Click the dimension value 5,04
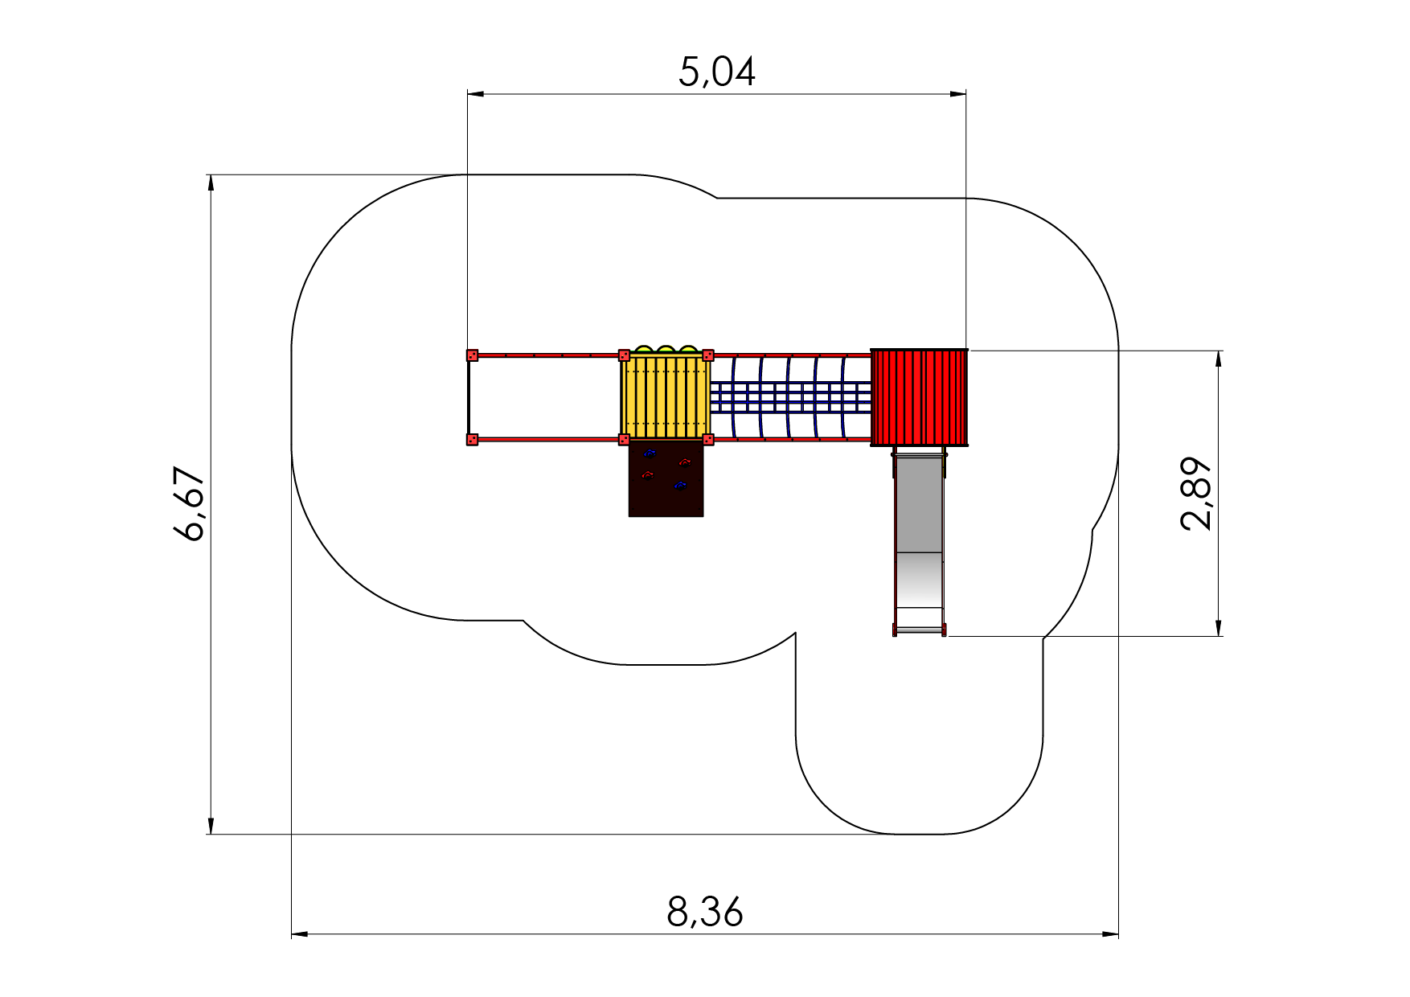717,72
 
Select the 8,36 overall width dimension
705,913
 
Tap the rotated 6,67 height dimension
190,503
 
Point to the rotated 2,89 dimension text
1196,494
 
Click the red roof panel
920,397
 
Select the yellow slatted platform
666,396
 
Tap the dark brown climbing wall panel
666,478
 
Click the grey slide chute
919,544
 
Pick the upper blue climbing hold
650,453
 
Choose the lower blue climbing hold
680,486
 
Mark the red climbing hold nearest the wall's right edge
685,462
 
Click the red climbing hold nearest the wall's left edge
647,474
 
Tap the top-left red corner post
473,355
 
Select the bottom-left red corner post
473,439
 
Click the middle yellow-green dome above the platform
666,350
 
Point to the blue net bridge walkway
790,397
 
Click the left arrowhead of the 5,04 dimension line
475,94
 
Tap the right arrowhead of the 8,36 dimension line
1110,934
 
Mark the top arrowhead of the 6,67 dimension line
211,183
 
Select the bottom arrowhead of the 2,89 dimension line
1219,628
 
